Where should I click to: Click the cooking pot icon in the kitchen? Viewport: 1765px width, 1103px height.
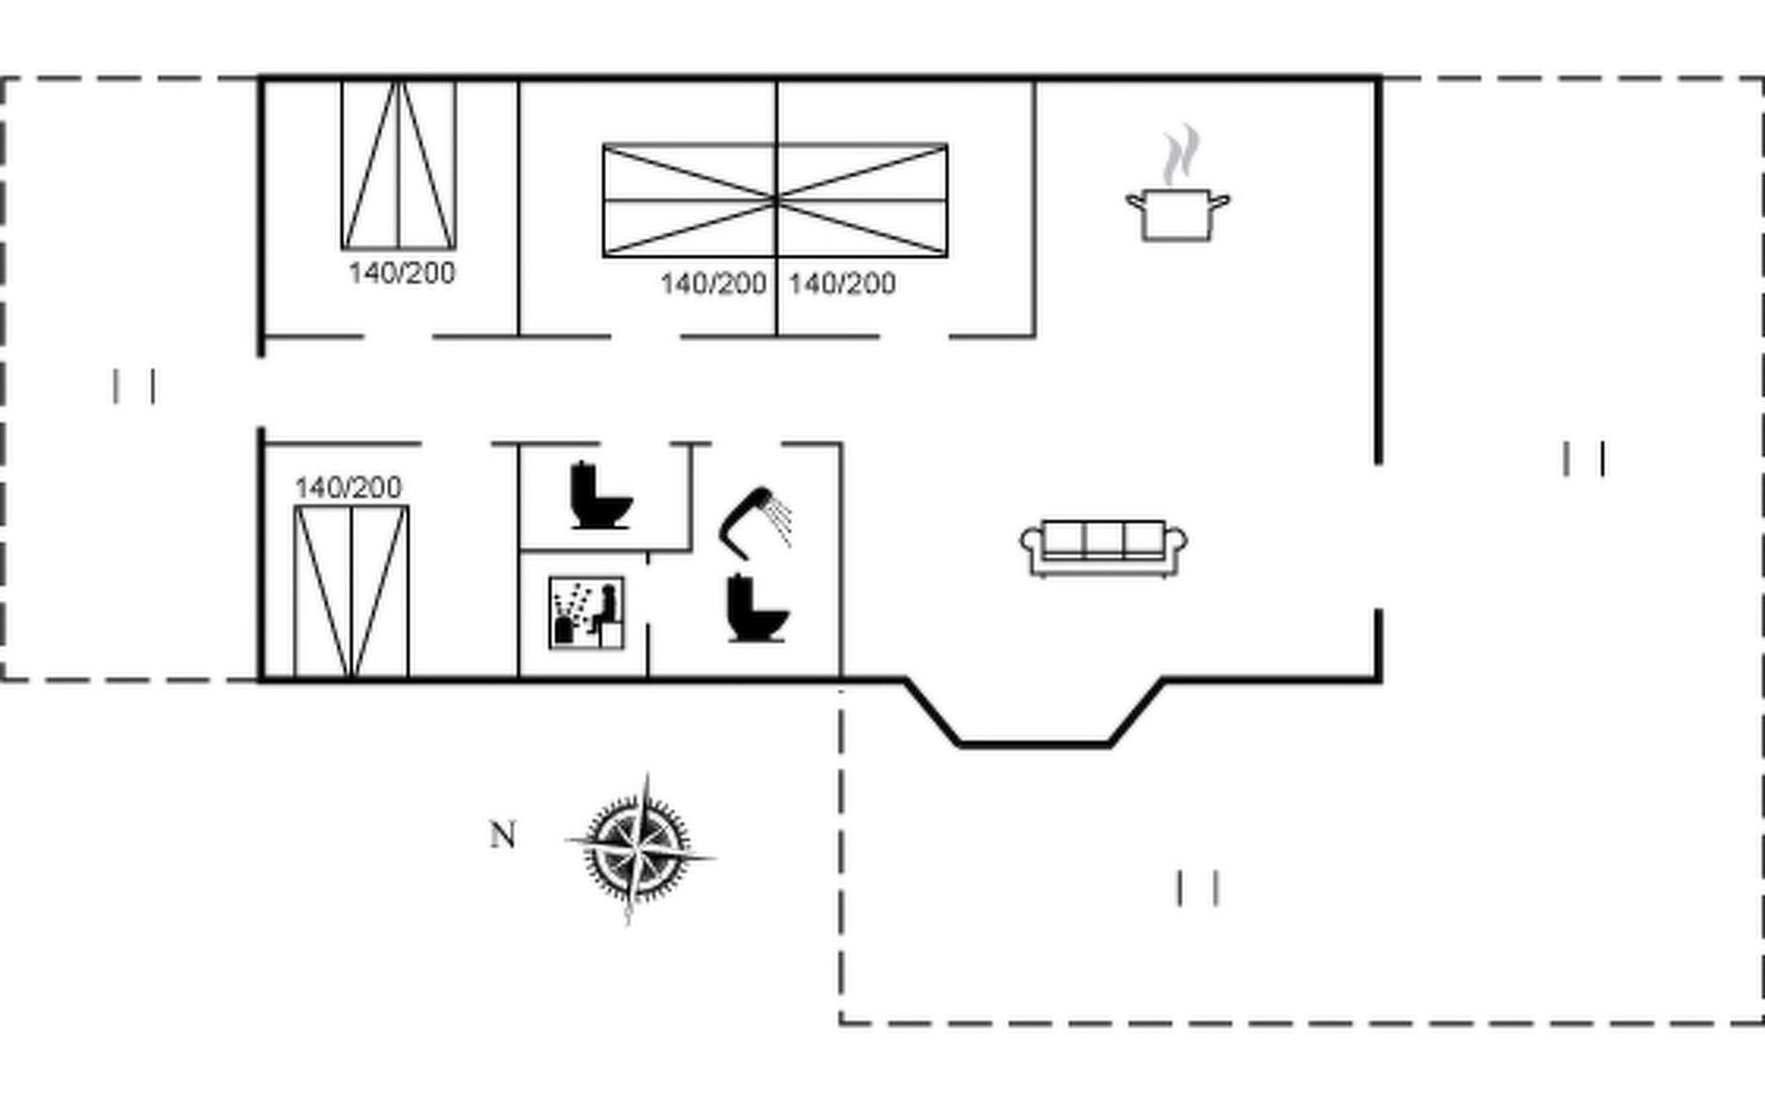[1178, 215]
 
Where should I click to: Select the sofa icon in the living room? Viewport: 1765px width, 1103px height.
[1103, 548]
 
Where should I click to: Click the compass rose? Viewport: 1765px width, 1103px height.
[639, 847]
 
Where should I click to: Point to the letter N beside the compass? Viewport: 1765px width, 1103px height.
[503, 835]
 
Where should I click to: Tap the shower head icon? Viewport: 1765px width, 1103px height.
[755, 522]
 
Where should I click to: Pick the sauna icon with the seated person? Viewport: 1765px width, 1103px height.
[586, 612]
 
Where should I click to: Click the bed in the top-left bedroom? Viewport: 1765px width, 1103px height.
[399, 165]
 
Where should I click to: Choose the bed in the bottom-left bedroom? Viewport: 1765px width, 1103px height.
[351, 592]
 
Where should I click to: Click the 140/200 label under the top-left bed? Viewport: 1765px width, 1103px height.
[402, 273]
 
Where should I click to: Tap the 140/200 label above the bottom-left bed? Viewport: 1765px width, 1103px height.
[348, 487]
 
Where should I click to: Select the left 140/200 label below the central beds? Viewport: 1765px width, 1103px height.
[713, 283]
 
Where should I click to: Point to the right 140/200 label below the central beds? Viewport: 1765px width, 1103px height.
[842, 283]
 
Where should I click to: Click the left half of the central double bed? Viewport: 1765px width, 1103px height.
[689, 199]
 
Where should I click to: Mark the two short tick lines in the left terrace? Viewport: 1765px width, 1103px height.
[134, 386]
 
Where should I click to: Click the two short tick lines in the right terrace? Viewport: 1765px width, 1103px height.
[1584, 459]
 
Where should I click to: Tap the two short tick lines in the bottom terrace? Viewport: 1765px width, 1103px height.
[1198, 888]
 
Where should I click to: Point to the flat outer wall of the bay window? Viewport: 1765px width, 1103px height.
[1035, 744]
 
